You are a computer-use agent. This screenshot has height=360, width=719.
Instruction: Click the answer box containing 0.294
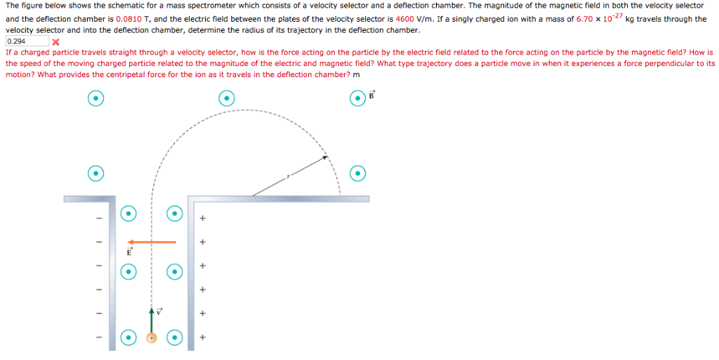point(27,41)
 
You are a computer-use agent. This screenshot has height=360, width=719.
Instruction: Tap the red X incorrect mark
point(55,42)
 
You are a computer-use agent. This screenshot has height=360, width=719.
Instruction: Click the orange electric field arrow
point(152,242)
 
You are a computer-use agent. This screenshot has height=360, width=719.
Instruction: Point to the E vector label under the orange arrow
point(129,251)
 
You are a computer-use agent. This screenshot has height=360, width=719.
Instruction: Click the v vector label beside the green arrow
point(159,310)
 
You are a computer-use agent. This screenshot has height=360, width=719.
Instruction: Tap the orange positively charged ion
point(151,338)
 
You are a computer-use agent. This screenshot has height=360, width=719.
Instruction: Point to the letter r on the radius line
point(287,177)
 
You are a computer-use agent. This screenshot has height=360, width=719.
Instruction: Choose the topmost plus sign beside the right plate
point(202,219)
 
